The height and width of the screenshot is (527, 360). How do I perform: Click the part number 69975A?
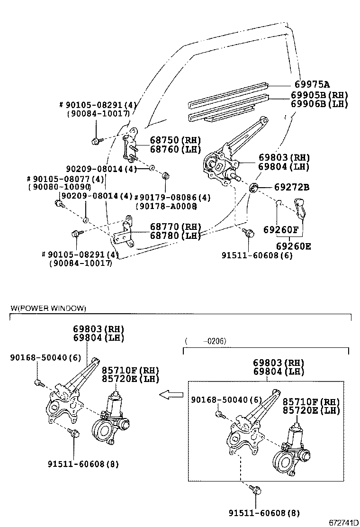click(x=310, y=85)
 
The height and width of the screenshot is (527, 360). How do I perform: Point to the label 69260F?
click(x=281, y=231)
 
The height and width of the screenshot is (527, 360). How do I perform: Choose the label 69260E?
click(x=294, y=246)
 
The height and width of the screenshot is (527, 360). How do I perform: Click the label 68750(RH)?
click(x=175, y=140)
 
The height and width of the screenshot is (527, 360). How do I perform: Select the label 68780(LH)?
click(x=175, y=236)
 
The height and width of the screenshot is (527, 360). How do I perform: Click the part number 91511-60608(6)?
click(x=257, y=255)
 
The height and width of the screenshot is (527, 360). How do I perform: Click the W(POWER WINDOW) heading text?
click(x=48, y=309)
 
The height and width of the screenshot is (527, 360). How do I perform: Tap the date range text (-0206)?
click(x=206, y=341)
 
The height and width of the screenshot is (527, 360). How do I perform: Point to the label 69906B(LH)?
click(x=319, y=104)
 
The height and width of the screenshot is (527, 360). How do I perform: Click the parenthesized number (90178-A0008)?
click(x=166, y=206)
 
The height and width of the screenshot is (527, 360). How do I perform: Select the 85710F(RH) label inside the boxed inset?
click(x=311, y=401)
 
